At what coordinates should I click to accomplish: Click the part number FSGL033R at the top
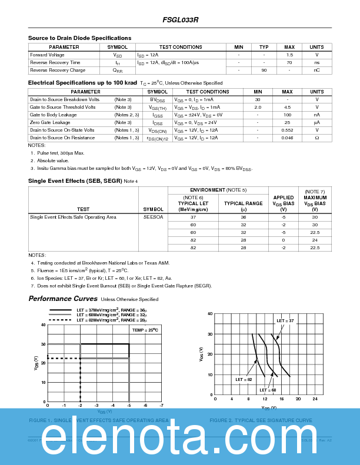181,19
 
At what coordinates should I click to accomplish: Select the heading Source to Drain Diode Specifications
79,38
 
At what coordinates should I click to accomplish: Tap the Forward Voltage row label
47,55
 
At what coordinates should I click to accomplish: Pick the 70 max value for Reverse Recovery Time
289,62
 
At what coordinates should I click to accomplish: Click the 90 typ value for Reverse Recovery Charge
264,70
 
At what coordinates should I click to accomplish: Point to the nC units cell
316,70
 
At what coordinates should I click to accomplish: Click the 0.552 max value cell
287,130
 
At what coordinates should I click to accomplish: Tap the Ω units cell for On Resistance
316,138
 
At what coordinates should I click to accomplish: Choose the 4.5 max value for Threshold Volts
287,108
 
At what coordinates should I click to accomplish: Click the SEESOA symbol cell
154,217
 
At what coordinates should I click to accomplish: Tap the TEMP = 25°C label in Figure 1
145,330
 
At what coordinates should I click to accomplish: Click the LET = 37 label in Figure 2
285,320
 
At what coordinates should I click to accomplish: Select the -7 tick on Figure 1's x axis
161,405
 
